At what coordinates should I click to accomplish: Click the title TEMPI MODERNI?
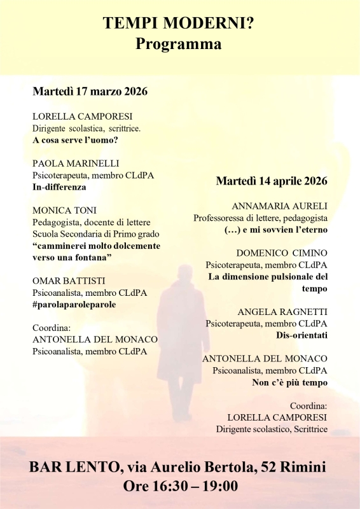pos(179,24)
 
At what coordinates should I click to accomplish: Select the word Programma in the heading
pos(179,45)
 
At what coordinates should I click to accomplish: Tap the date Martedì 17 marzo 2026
pos(90,92)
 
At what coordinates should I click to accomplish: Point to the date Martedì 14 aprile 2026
pos(272,181)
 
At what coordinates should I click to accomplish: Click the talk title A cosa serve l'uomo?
pos(76,140)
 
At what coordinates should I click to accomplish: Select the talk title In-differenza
pos(59,187)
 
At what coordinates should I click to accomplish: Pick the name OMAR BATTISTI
pos(69,281)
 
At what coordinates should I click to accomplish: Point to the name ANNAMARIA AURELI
pos(280,206)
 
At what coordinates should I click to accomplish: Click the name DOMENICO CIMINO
pos(282,253)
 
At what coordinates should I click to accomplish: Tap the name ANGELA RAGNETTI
pos(282,312)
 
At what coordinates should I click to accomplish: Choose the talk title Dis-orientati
pos(301,335)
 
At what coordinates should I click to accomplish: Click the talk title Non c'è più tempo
pos(289,382)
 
